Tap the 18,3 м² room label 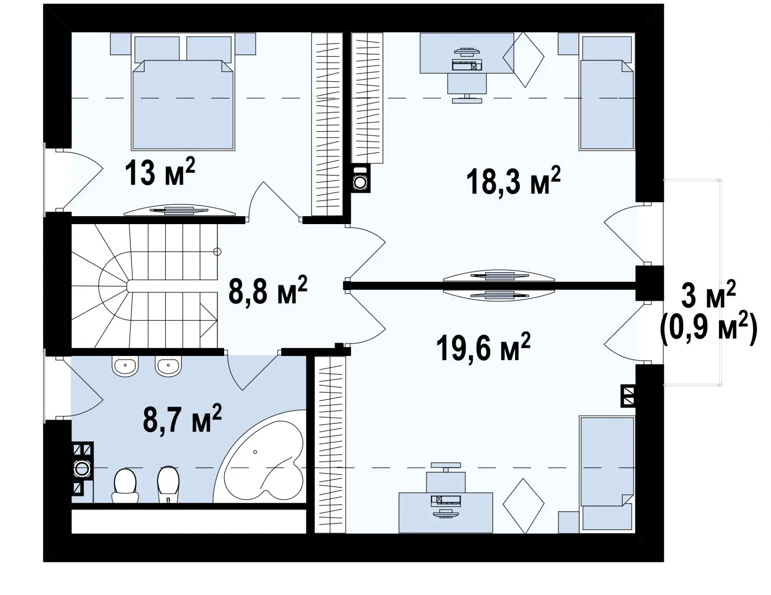tap(513, 181)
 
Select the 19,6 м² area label tap(483, 347)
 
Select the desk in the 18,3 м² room tap(467, 53)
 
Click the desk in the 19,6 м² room tap(446, 512)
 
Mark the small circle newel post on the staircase tap(218, 252)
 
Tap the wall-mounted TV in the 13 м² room tap(179, 210)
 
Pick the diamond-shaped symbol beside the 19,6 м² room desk tap(524, 506)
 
